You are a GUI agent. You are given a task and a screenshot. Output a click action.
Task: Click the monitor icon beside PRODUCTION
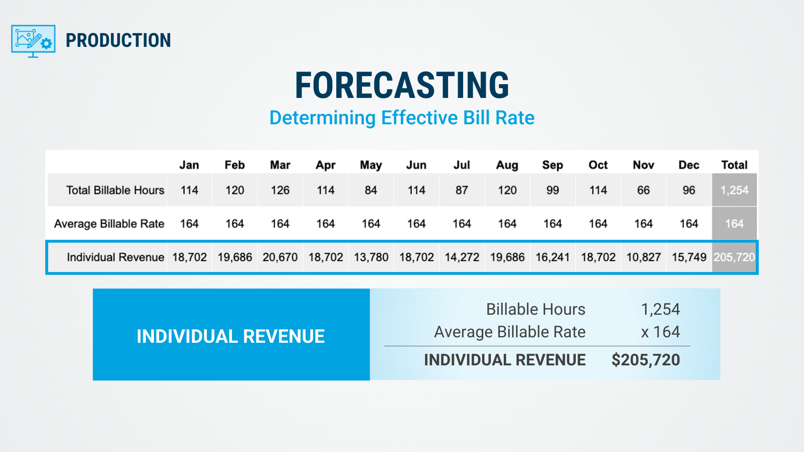[x=33, y=41]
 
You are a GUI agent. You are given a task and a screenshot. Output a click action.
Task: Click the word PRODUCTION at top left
[x=119, y=41]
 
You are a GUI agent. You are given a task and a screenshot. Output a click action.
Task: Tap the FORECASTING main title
[x=402, y=85]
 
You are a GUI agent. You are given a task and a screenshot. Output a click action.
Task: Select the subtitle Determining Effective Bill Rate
[x=402, y=118]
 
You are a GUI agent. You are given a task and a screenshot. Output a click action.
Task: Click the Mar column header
[x=280, y=165]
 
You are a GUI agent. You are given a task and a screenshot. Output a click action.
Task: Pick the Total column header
[x=734, y=165]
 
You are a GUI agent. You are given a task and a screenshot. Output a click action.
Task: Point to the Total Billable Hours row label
[x=115, y=190]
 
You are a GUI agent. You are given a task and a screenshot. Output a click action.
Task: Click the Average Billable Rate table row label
[x=109, y=224]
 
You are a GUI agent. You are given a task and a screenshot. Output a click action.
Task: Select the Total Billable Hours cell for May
[x=371, y=190]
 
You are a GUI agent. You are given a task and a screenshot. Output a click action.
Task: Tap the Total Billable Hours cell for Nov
[x=643, y=190]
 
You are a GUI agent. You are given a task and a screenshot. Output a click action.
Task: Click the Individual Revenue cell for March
[x=280, y=257]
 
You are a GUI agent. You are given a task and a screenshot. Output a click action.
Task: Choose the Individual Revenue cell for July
[x=462, y=257]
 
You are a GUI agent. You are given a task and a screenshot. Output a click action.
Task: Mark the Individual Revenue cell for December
[x=689, y=257]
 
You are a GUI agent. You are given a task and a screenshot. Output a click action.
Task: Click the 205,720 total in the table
[x=734, y=257]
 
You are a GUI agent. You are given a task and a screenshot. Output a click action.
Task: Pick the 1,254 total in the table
[x=734, y=190]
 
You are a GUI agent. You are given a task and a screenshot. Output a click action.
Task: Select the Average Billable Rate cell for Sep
[x=552, y=224]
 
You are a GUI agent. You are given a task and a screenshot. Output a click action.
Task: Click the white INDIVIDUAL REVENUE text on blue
[x=231, y=336]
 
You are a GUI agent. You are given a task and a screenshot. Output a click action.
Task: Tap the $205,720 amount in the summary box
[x=646, y=360]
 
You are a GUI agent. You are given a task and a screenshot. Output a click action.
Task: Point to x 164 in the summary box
[x=660, y=332]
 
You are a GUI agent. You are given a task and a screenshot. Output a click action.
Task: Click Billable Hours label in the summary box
[x=536, y=309]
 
